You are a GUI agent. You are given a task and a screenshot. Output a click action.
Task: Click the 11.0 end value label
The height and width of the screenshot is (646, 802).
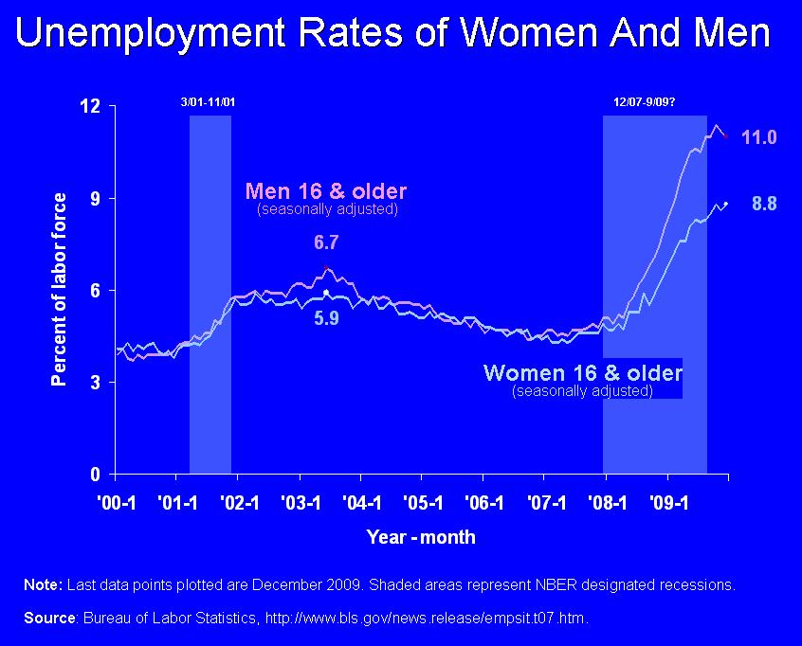pos(759,137)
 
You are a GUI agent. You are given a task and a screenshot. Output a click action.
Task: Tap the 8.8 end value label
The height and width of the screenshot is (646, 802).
pos(764,204)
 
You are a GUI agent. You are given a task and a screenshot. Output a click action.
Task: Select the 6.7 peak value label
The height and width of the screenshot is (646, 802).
pos(326,242)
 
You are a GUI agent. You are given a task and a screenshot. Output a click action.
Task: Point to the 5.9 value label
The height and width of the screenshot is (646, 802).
pos(326,318)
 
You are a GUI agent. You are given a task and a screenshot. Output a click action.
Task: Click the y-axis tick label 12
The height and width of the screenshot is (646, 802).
pos(90,106)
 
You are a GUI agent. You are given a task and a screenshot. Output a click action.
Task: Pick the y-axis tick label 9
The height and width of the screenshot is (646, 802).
pos(96,198)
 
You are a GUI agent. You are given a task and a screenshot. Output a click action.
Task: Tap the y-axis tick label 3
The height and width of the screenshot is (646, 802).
pos(96,383)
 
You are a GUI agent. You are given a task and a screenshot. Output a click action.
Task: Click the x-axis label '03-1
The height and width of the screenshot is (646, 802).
pos(301,503)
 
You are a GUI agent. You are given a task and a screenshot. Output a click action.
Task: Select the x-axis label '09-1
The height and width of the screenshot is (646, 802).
pos(669,503)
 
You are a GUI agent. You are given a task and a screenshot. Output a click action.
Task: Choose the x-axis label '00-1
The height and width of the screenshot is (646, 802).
pos(117,503)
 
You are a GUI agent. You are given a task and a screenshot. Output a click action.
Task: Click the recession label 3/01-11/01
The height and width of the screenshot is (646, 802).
pos(209,102)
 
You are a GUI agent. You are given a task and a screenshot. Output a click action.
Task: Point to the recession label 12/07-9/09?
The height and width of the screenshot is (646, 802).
pos(645,102)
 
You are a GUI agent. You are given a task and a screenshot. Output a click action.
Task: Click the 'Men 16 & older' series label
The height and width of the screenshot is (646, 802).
pos(326,191)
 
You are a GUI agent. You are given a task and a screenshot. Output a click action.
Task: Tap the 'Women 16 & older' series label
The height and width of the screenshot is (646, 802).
pos(583,373)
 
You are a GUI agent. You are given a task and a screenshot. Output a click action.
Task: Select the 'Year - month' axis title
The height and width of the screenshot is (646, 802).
pos(421,537)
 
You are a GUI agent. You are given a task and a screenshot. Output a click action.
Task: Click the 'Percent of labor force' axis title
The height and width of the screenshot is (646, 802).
pos(59,289)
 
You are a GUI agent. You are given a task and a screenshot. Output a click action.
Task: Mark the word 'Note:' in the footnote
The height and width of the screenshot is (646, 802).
pos(43,584)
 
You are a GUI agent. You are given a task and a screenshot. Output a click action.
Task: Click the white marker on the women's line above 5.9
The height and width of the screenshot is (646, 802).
pos(326,293)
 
